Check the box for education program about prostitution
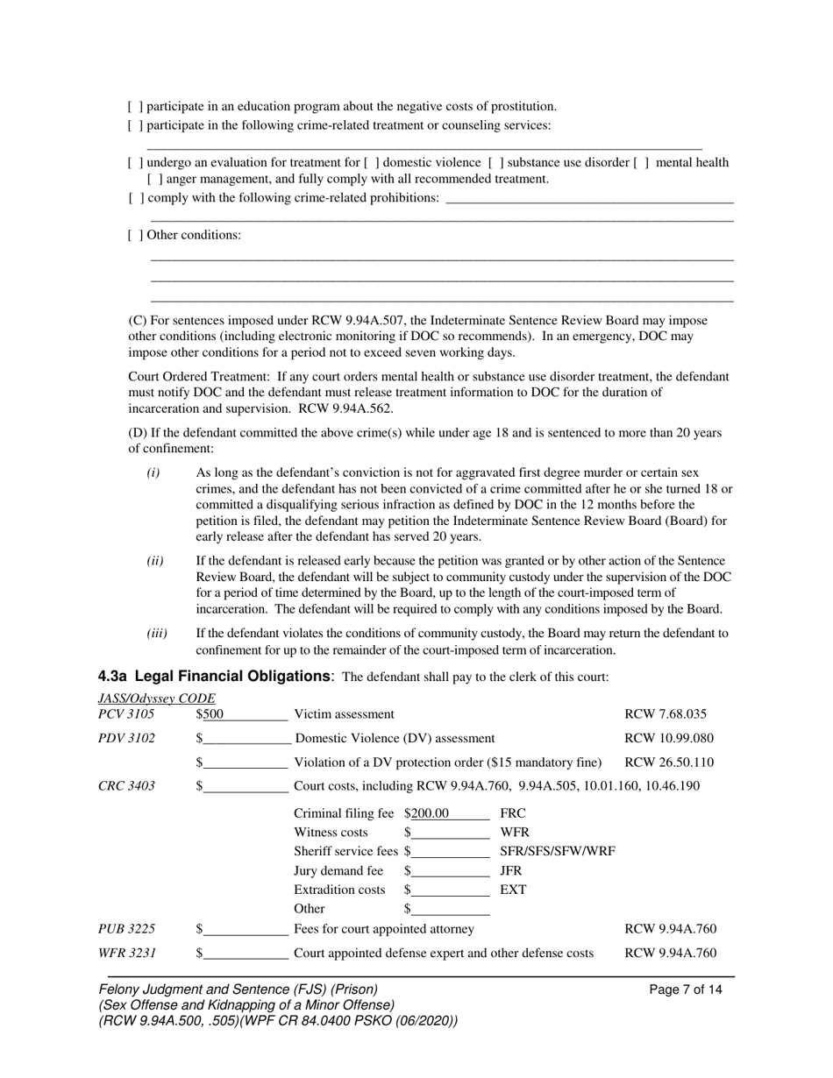click(135, 107)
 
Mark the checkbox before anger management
click(154, 179)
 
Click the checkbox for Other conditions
click(135, 235)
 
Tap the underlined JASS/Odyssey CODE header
click(156, 699)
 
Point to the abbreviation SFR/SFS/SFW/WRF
click(557, 851)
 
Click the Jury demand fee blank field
click(450, 871)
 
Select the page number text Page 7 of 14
click(686, 989)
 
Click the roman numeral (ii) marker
click(154, 560)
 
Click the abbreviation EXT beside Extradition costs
click(512, 890)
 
